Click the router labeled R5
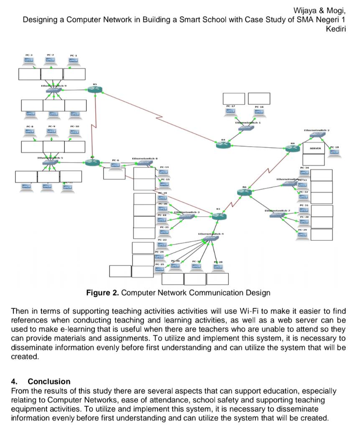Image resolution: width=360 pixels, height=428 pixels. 95,90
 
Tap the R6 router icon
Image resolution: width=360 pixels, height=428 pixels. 244,192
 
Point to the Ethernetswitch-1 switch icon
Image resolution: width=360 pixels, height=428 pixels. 243,128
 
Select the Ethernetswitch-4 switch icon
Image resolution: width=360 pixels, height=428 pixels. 208,239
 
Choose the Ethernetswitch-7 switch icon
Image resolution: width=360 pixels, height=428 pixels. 277,215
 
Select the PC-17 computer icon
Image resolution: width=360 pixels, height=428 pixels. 230,111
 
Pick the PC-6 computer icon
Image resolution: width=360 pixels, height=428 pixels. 115,165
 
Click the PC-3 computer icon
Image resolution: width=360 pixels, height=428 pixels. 28,61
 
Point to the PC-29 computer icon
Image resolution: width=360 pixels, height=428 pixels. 302,235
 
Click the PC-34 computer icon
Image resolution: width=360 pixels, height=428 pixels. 304,173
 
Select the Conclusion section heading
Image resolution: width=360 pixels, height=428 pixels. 49,381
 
